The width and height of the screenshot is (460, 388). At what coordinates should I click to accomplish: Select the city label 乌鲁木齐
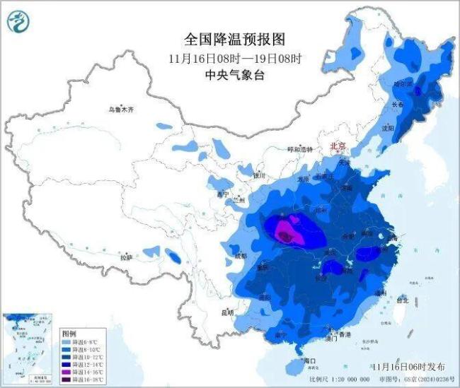click(x=121, y=110)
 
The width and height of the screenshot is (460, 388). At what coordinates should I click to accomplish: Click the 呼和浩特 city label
click(x=299, y=150)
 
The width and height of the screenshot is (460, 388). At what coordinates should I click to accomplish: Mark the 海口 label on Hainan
click(x=309, y=360)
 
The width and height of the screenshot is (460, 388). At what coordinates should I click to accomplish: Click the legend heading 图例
click(x=69, y=332)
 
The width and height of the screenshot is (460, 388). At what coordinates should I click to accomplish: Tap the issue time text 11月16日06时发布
click(x=408, y=368)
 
